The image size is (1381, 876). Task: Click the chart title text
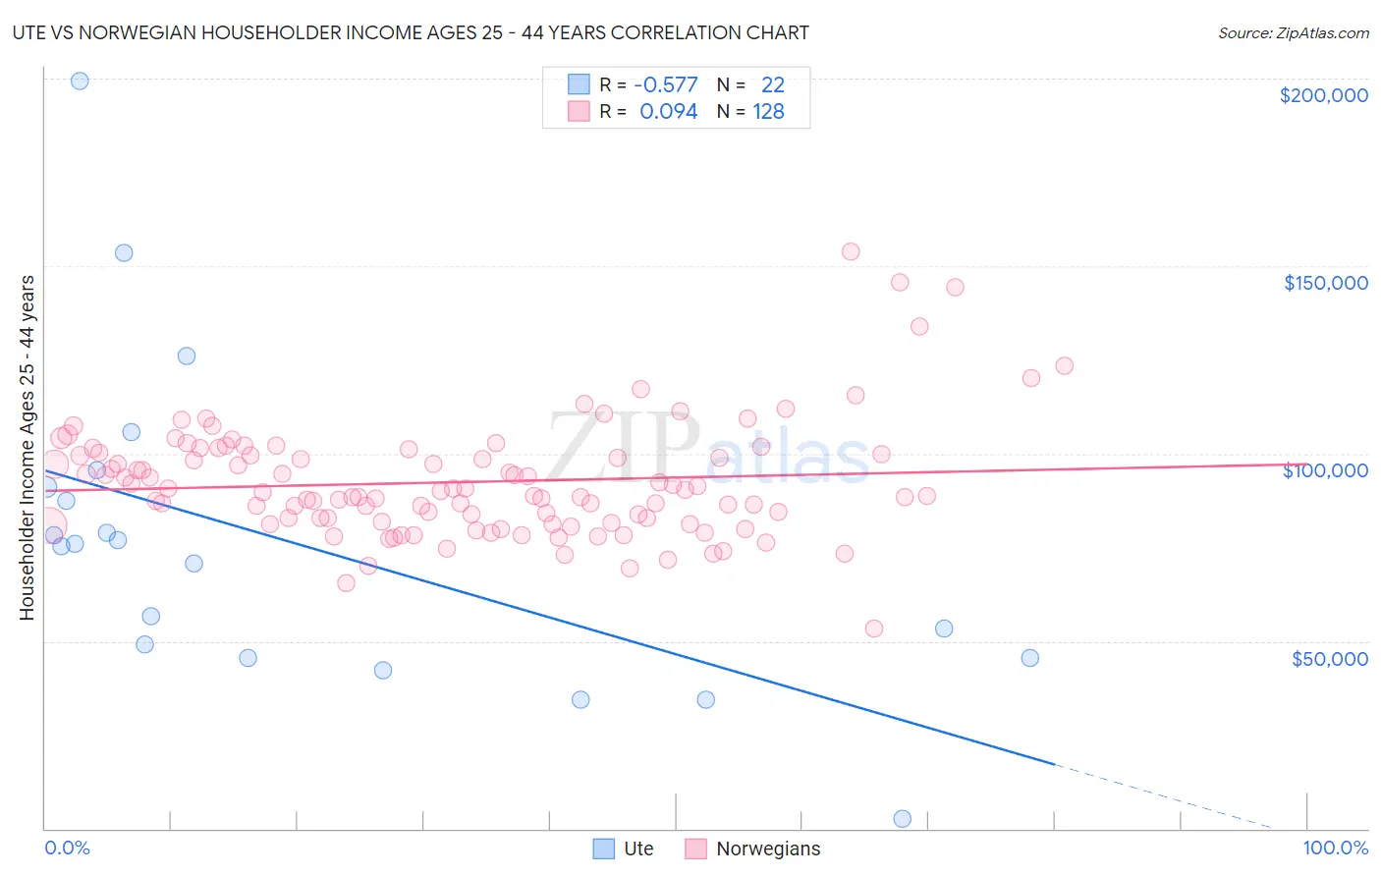pos(411,32)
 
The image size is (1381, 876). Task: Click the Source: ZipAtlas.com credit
pos(1293,32)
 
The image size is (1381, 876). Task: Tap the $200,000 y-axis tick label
pos(1323,95)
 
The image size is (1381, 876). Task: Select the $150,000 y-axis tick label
pos(1325,283)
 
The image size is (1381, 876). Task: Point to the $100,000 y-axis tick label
pos(1325,470)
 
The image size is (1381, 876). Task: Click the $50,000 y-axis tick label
pos(1329,659)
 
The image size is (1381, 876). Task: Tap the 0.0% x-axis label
pos(67,848)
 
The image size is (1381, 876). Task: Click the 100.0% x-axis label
pos(1335,848)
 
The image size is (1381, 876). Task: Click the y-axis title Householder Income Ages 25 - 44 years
pos(27,448)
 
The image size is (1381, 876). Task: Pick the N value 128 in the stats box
pos(768,112)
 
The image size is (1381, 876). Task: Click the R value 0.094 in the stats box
pos(668,112)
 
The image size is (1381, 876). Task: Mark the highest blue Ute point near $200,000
pos(80,81)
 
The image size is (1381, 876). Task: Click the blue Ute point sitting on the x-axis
pos(903,819)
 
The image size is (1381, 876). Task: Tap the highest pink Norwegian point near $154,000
pos(851,251)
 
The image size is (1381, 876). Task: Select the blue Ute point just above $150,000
pos(124,252)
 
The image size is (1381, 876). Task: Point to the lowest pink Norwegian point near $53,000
pos(874,629)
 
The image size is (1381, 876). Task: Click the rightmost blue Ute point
pos(1029,658)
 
